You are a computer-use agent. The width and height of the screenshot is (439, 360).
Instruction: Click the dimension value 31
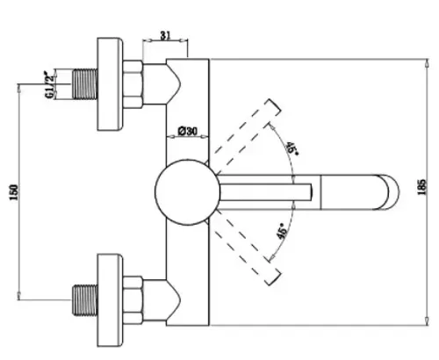click(165, 35)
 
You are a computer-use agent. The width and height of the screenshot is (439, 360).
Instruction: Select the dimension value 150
click(14, 192)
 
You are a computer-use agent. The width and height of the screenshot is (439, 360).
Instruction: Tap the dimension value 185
click(421, 187)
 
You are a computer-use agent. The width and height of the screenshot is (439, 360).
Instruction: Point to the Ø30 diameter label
click(188, 131)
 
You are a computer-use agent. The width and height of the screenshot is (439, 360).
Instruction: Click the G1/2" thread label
click(50, 84)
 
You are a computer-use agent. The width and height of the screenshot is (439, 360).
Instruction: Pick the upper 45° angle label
click(291, 148)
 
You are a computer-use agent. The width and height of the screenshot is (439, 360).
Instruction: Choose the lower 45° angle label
click(282, 231)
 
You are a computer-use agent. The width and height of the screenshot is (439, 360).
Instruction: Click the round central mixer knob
click(187, 192)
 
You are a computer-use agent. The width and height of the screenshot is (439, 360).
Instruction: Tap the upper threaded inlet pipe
click(84, 84)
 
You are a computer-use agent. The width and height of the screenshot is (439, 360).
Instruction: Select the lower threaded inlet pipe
click(84, 299)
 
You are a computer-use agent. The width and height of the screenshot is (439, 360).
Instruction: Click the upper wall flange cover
click(110, 84)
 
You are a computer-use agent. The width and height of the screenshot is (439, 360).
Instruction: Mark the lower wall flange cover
click(110, 300)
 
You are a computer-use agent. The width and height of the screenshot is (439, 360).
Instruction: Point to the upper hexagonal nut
click(133, 84)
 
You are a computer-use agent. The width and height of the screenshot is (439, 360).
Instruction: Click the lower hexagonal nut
click(133, 300)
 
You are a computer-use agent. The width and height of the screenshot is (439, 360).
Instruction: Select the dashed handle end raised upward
click(274, 112)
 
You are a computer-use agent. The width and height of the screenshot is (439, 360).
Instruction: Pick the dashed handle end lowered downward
click(274, 273)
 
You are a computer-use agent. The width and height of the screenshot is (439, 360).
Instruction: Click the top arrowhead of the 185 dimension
click(427, 63)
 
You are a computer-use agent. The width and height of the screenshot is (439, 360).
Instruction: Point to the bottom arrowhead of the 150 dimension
click(19, 295)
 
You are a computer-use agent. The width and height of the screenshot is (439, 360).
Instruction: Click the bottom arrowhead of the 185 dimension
click(427, 320)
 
